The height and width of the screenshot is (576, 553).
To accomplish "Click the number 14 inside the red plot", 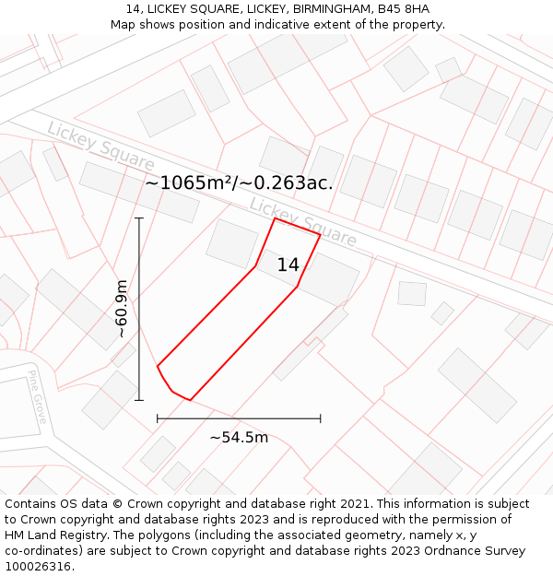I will [x=288, y=265].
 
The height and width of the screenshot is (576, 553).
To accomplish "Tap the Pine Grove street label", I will [x=37, y=397].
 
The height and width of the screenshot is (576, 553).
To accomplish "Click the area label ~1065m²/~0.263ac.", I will [x=239, y=182].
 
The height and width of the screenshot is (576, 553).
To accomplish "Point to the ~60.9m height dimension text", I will [x=122, y=310].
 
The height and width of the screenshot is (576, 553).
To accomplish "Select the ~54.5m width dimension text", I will [x=239, y=437].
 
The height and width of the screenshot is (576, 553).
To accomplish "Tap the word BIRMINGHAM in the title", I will [x=318, y=9].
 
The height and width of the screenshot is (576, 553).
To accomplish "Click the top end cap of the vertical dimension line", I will [x=139, y=218].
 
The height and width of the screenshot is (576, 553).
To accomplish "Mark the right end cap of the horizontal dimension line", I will [x=321, y=418].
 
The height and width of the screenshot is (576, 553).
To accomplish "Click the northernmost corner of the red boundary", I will [x=275, y=218].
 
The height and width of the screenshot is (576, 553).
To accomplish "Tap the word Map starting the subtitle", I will [x=124, y=25].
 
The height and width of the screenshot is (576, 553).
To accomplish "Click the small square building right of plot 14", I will [x=412, y=293].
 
